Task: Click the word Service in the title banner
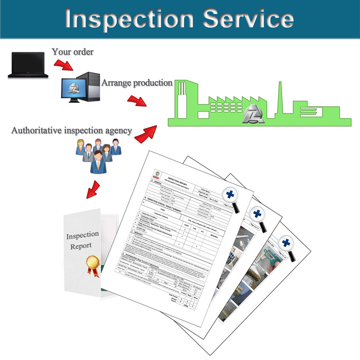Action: coord(248,19)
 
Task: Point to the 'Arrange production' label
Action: coord(137,83)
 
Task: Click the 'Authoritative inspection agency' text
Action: coord(72,130)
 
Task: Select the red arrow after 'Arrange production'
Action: coord(136,100)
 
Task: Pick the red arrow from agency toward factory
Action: coord(146,134)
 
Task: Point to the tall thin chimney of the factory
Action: coord(279,98)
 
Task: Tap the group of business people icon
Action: coord(98,154)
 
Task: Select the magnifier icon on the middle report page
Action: coord(259,214)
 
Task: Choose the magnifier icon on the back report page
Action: coord(288,243)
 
